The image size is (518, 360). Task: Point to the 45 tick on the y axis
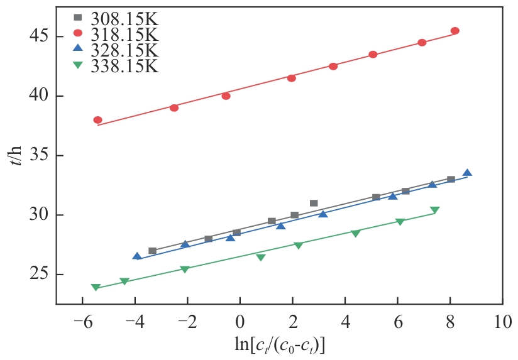pos(40,36)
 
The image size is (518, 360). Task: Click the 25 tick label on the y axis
pos(40,275)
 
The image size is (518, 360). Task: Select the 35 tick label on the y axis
pos(40,156)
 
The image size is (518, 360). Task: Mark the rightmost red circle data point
pos(455,31)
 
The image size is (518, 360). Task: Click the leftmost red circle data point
pos(97,120)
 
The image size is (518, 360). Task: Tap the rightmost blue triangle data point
pos(467,173)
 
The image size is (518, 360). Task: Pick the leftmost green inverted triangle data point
pos(96,288)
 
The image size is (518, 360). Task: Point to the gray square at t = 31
pos(314,203)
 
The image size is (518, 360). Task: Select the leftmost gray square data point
pos(152,251)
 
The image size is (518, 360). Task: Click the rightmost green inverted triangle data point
pos(434,210)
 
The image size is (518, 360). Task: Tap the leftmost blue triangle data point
pos(137,256)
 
